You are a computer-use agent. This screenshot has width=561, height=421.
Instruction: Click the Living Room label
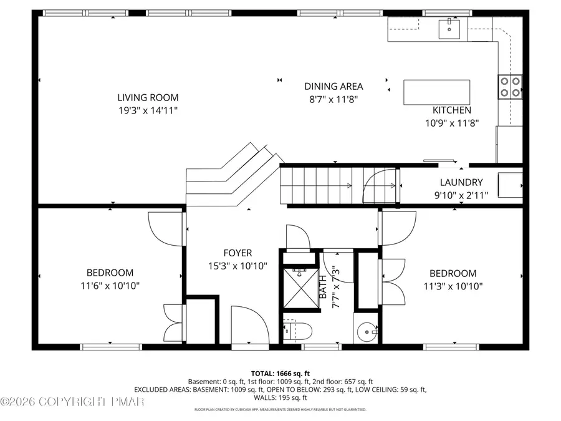coord(148,97)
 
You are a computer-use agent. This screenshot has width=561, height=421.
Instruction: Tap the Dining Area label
coord(333,87)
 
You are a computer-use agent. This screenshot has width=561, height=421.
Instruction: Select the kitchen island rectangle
coord(436,93)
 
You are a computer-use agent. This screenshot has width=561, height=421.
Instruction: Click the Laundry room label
coord(461,183)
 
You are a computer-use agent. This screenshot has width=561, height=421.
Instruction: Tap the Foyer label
coord(237,253)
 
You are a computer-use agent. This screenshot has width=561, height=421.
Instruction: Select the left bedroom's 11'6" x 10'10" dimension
coord(110,286)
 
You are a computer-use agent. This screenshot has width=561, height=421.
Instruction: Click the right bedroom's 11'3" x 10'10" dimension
coord(453,286)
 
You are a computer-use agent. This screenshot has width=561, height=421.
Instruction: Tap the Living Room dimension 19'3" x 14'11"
coord(148,110)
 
